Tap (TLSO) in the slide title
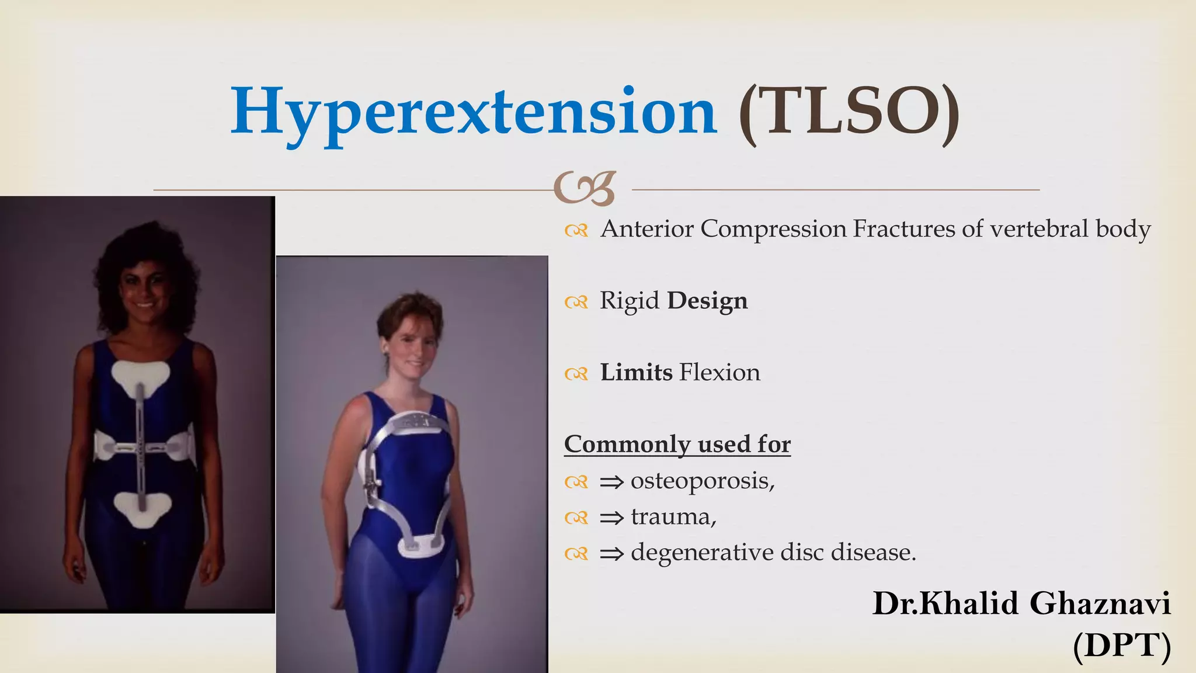[849, 112]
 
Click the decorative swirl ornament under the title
[585, 189]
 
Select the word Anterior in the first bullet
[648, 229]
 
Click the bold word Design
[707, 301]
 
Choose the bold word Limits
[636, 373]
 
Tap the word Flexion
[720, 373]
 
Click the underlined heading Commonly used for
[677, 445]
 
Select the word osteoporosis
[702, 481]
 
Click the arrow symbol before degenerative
[612, 554]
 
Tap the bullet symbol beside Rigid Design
[576, 302]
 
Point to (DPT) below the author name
[1122, 646]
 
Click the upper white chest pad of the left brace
[141, 376]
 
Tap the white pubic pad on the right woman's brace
[421, 546]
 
